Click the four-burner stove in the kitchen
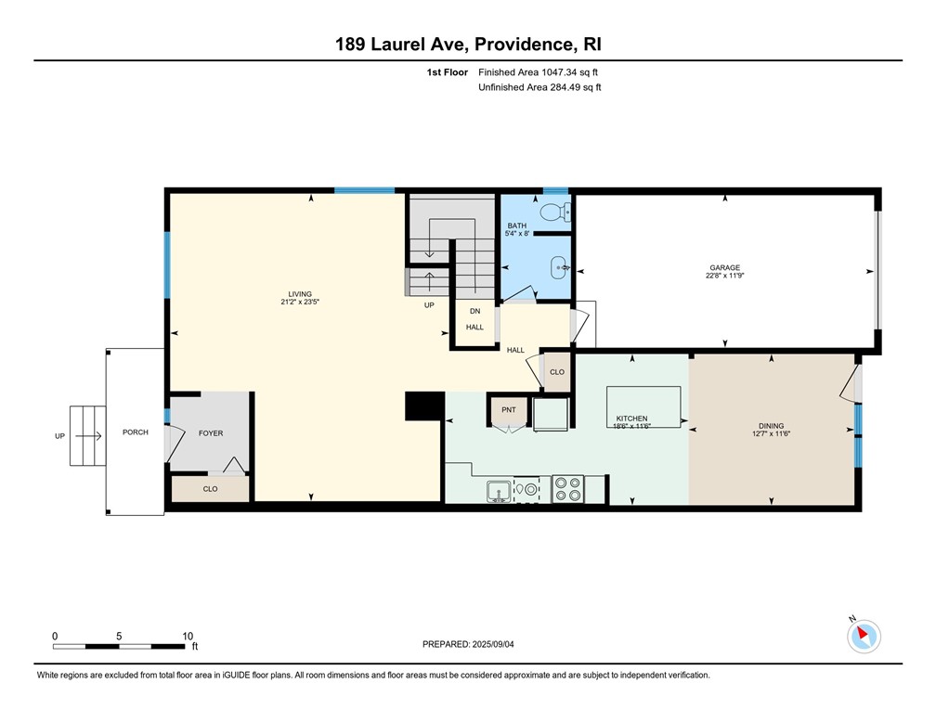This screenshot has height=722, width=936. [x=567, y=488]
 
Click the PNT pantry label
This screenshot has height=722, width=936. [x=508, y=409]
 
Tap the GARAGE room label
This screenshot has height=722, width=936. [x=725, y=269]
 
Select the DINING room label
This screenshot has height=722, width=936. [x=771, y=426]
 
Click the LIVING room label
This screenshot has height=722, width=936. [x=300, y=294]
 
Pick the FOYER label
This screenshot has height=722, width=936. [x=211, y=432]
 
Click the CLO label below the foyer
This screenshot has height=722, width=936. [x=210, y=488]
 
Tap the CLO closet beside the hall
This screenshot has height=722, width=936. [x=556, y=371]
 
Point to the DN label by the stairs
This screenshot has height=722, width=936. [x=474, y=311]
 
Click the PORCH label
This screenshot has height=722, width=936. [x=136, y=432]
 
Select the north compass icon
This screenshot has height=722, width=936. [x=864, y=636]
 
